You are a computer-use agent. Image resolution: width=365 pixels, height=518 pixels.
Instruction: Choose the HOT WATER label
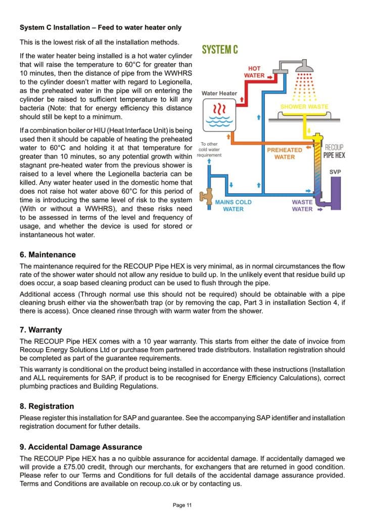(254, 72)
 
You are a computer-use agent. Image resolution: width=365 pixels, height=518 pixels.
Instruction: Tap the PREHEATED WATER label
(284, 153)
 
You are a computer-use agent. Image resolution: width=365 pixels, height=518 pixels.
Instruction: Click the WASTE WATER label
(302, 205)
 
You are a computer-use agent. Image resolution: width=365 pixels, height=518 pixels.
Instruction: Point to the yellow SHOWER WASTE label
(304, 107)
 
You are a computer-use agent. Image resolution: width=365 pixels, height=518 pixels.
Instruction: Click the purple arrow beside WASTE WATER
(320, 209)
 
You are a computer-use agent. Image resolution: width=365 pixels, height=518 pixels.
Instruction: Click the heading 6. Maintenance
(48, 254)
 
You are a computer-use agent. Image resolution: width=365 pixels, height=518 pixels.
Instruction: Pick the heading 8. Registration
(47, 406)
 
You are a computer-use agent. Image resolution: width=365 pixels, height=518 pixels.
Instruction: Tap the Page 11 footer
(182, 505)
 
